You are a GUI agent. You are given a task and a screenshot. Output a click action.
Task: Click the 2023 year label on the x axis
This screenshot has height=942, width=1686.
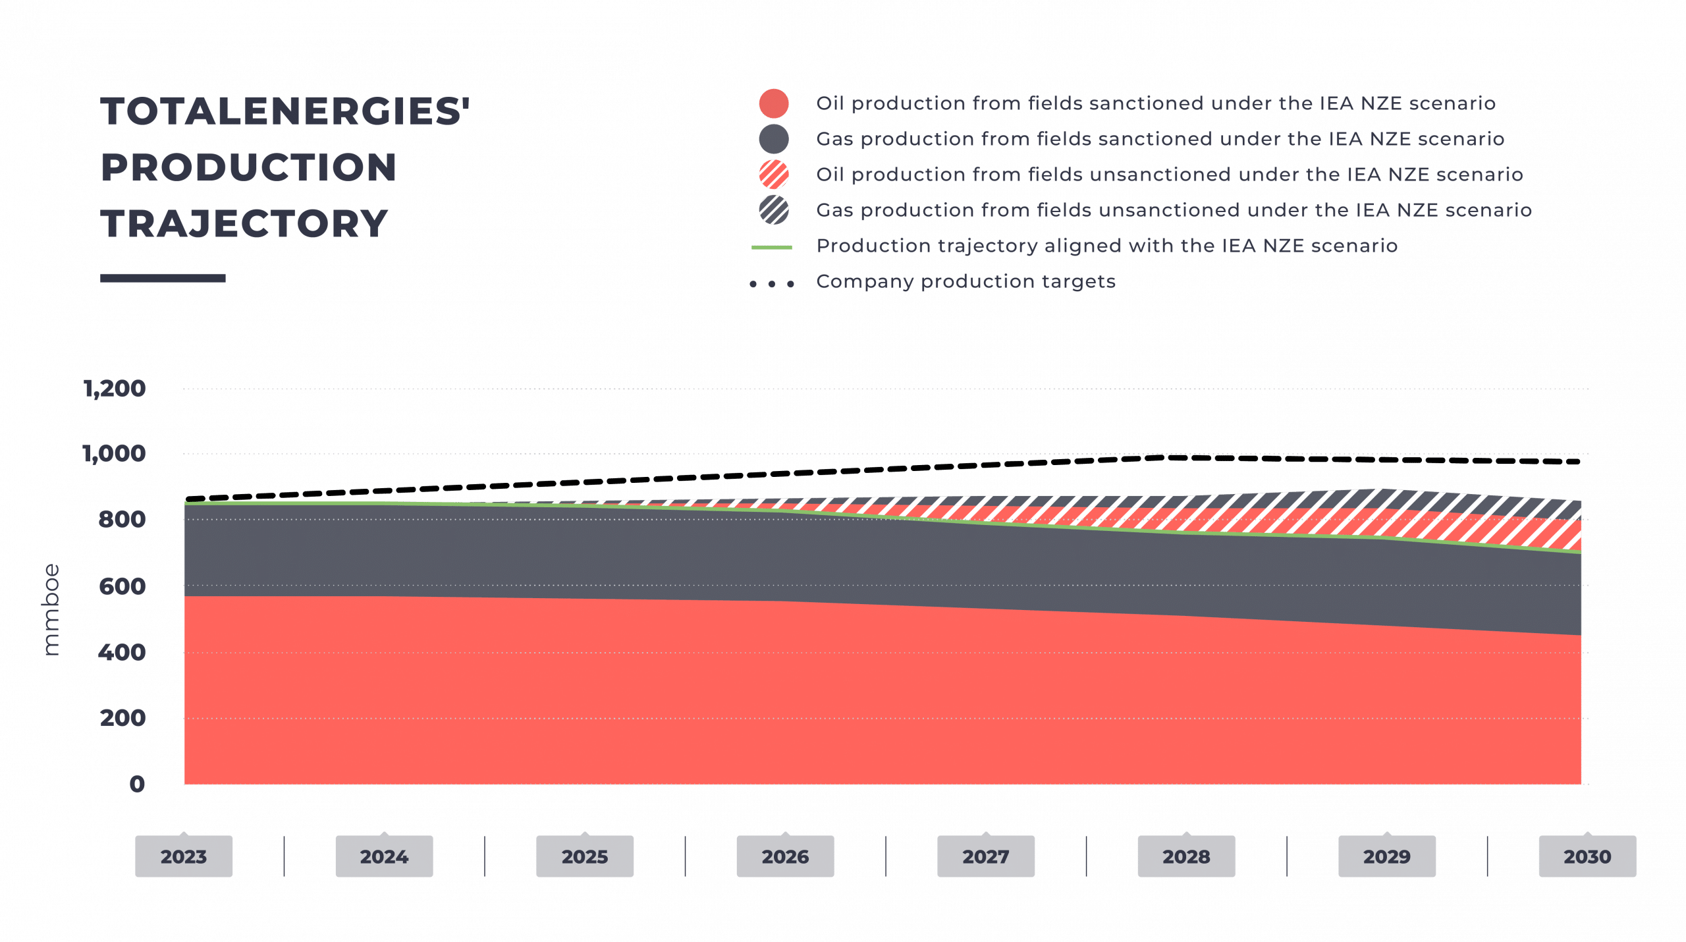pyautogui.click(x=184, y=856)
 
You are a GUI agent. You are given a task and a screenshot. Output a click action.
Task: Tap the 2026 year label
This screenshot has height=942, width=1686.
pyautogui.click(x=785, y=856)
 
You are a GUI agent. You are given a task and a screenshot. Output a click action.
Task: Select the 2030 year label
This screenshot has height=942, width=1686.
pyautogui.click(x=1587, y=856)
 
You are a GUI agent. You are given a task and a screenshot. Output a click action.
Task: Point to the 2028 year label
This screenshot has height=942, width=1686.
pyautogui.click(x=1186, y=856)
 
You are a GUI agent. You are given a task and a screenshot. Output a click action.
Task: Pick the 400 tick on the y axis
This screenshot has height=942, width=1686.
pyautogui.click(x=122, y=653)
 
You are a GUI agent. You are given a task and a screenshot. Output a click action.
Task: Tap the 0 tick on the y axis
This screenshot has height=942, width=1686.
pyautogui.click(x=137, y=784)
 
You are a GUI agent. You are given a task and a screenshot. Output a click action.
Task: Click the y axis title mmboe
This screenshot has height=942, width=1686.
pyautogui.click(x=51, y=609)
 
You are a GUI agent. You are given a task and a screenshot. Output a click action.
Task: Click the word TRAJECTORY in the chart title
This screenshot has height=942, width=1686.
pyautogui.click(x=244, y=224)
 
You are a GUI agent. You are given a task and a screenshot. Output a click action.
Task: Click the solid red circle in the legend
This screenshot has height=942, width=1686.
pyautogui.click(x=774, y=104)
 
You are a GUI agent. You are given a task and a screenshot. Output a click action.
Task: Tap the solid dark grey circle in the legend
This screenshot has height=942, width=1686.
pyautogui.click(x=774, y=140)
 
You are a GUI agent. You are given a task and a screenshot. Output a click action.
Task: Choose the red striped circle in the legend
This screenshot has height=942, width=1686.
pyautogui.click(x=774, y=175)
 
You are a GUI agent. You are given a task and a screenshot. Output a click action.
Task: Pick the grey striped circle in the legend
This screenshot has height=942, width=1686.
pyautogui.click(x=774, y=211)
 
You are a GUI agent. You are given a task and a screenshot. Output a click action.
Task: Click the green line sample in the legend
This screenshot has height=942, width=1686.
pyautogui.click(x=772, y=248)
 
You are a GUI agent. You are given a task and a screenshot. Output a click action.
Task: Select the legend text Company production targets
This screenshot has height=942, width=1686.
pyautogui.click(x=965, y=282)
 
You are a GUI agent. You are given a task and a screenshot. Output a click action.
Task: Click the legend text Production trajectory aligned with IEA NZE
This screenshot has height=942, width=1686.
pyautogui.click(x=1106, y=246)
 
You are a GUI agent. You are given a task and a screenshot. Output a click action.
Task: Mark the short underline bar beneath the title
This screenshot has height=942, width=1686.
pyautogui.click(x=163, y=279)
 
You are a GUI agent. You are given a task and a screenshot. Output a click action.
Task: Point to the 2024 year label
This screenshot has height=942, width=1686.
pyautogui.click(x=384, y=856)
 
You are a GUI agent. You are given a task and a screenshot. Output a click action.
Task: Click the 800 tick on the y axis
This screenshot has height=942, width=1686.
pyautogui.click(x=122, y=520)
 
